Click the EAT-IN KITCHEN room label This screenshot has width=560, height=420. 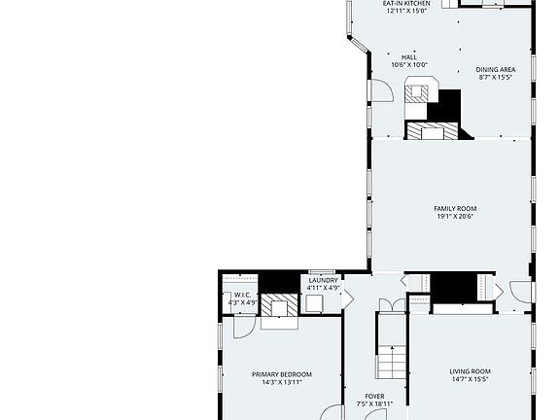click(x=407, y=4)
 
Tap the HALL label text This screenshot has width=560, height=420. click(x=408, y=57)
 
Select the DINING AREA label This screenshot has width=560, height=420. click(x=495, y=70)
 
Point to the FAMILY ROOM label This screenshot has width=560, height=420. click(x=455, y=208)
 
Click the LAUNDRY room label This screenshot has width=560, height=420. click(x=323, y=280)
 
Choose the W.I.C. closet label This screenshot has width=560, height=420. click(x=242, y=295)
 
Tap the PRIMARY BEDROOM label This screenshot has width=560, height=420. click(x=282, y=374)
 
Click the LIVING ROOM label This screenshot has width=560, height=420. click(x=470, y=371)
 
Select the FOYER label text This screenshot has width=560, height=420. click(x=374, y=397)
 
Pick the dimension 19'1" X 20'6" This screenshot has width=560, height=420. click(x=455, y=217)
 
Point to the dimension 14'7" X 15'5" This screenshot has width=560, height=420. click(x=470, y=380)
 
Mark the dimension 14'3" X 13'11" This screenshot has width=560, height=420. click(x=282, y=383)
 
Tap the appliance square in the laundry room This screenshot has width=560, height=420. click(x=315, y=303)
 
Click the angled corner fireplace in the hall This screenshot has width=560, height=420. click(x=417, y=93)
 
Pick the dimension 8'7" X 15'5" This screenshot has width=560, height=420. click(x=495, y=79)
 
